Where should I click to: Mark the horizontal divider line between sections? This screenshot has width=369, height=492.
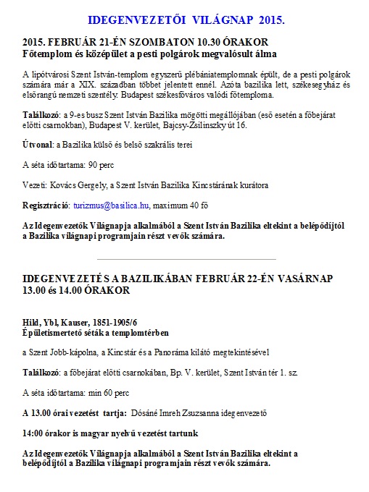pos(186,258)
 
